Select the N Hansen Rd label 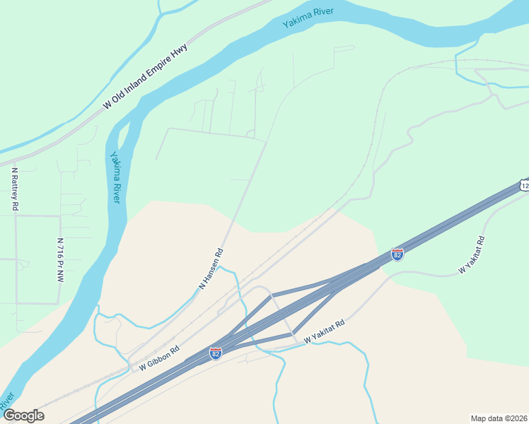coord(211,269)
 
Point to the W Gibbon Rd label coord(159,358)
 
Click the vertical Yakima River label coord(115,177)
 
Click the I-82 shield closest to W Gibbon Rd coord(216,353)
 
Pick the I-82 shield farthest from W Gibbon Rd coord(397,254)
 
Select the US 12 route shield coord(524,185)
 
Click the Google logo coord(24,416)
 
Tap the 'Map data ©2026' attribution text coord(499,418)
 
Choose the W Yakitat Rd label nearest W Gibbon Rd coord(324,332)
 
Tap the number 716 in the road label coord(61,252)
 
